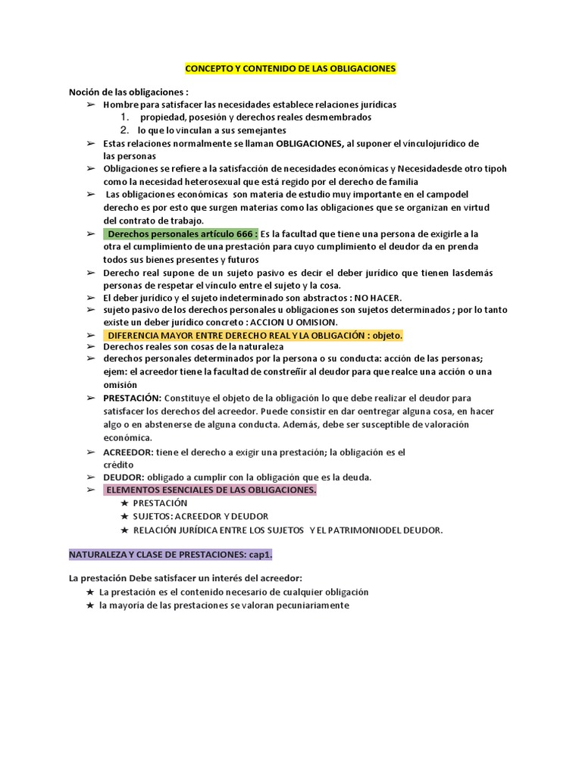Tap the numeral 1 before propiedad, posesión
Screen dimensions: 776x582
click(124, 117)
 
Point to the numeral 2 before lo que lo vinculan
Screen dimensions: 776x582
click(124, 130)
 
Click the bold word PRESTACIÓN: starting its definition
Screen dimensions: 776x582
click(133, 398)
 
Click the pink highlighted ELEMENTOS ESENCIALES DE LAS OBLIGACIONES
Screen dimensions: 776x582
click(211, 490)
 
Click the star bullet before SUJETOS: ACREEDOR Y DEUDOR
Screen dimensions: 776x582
click(124, 516)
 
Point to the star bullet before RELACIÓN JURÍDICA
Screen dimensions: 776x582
click(124, 530)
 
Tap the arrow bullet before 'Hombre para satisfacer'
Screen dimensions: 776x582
click(91, 105)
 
